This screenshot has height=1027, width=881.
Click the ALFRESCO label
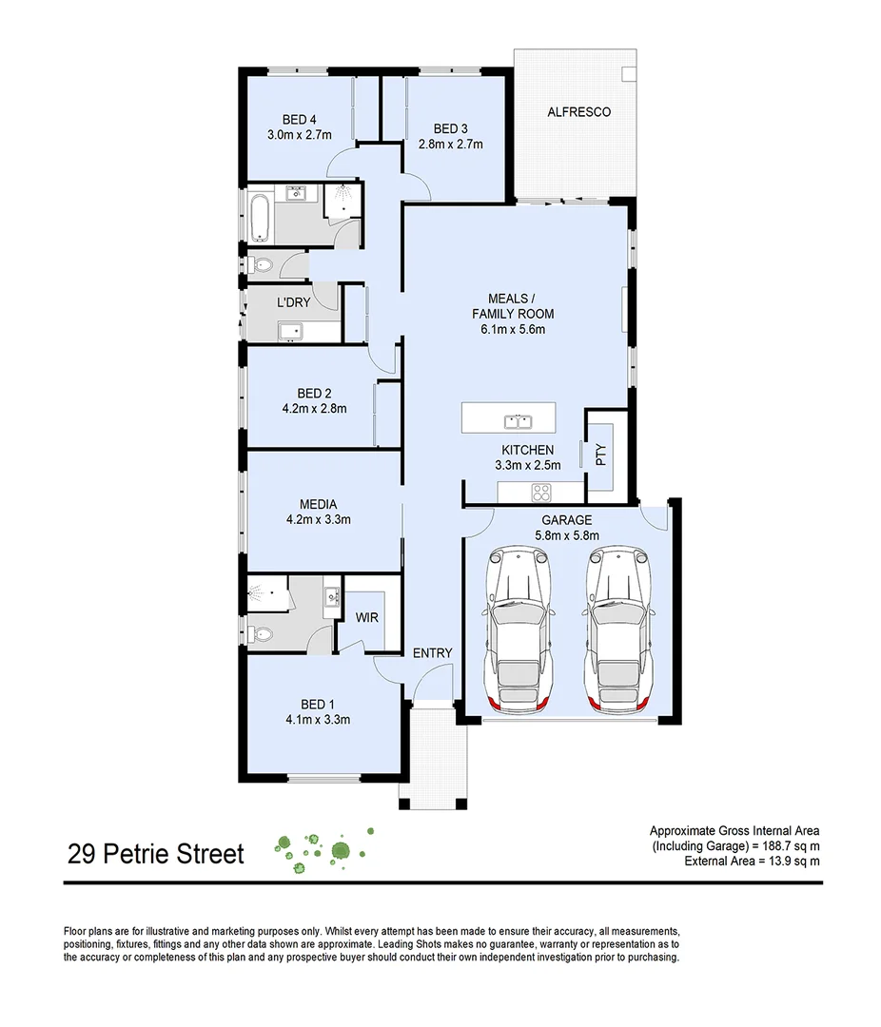(578, 112)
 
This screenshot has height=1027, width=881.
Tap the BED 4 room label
(299, 120)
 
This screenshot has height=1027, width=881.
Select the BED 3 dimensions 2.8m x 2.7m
(451, 145)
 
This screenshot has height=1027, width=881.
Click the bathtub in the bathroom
(260, 217)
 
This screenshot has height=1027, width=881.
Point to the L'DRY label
(292, 301)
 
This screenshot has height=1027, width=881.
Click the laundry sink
(290, 331)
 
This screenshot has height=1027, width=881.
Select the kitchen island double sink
(519, 420)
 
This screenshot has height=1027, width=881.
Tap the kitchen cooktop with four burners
(540, 493)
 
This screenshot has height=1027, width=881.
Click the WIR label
(366, 618)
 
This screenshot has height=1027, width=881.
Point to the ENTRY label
(432, 653)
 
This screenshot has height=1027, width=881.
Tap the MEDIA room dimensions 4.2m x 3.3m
(318, 519)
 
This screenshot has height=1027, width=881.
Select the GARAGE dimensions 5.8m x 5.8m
(566, 536)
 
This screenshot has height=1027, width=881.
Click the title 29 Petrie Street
(156, 853)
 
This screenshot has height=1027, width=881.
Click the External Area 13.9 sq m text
(752, 861)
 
